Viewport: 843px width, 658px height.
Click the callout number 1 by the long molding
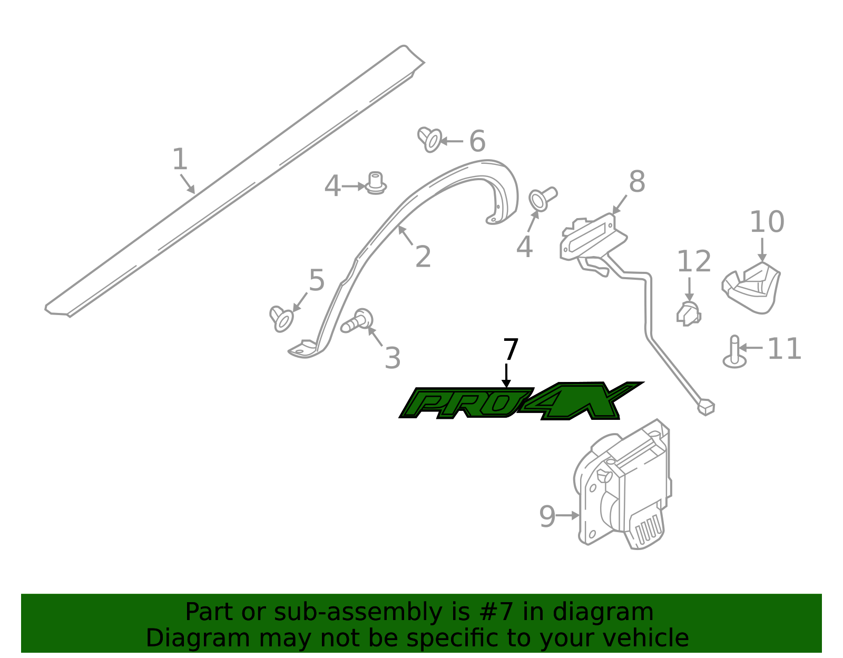coord(180,159)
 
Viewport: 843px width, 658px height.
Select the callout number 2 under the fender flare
coord(423,256)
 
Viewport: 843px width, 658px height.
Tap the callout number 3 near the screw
coord(392,358)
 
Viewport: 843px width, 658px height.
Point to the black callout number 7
coord(511,349)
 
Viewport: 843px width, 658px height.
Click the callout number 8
coord(636,181)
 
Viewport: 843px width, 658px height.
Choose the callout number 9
coord(547,516)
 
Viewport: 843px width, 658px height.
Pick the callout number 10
coord(767,222)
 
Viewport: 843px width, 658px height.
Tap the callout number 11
coord(783,349)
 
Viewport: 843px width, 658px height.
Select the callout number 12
coord(694,261)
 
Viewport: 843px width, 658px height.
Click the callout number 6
coord(477,141)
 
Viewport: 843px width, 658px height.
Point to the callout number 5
coord(317,280)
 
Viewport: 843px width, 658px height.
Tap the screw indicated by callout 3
coord(357,321)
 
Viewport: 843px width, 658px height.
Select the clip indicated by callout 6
coord(429,139)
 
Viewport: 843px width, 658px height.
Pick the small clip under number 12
coord(689,315)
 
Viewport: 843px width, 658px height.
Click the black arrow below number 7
coord(506,375)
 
